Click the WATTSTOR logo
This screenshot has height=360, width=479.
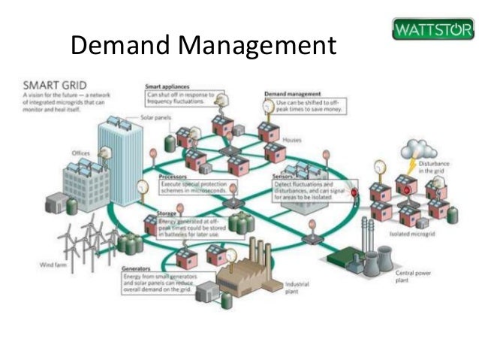point(432,31)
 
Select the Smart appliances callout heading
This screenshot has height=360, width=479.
point(167,87)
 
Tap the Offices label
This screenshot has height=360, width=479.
point(80,153)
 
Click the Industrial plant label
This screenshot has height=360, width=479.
point(297,288)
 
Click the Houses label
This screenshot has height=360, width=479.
point(292,141)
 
